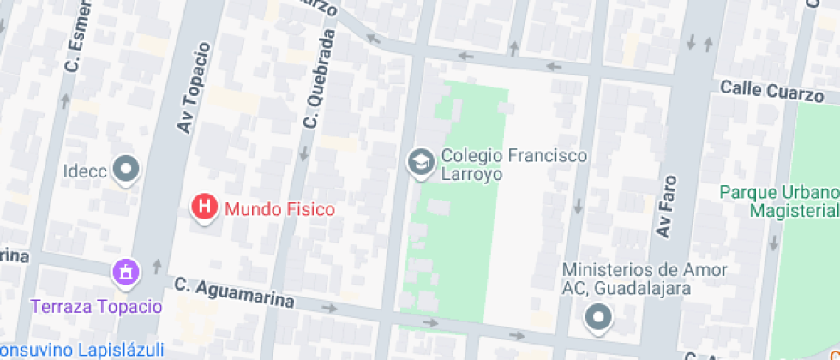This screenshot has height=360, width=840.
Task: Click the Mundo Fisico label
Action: tap(279, 208)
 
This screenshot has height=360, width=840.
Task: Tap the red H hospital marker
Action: tap(205, 207)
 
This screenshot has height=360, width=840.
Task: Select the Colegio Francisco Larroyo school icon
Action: tap(420, 162)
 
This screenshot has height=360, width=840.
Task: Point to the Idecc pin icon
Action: tap(127, 168)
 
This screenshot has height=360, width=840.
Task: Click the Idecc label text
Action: tap(85, 171)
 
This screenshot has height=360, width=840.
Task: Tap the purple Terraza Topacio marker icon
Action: tap(126, 273)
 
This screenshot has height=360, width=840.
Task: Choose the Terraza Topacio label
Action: tap(96, 306)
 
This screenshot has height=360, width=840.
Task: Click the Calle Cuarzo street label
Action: tap(771, 90)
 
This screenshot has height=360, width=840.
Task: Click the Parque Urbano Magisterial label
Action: tap(778, 201)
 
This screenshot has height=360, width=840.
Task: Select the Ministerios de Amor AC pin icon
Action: tap(597, 318)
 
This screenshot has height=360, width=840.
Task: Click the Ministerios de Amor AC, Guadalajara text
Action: tap(645, 279)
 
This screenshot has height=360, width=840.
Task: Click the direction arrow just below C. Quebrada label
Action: tap(304, 154)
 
